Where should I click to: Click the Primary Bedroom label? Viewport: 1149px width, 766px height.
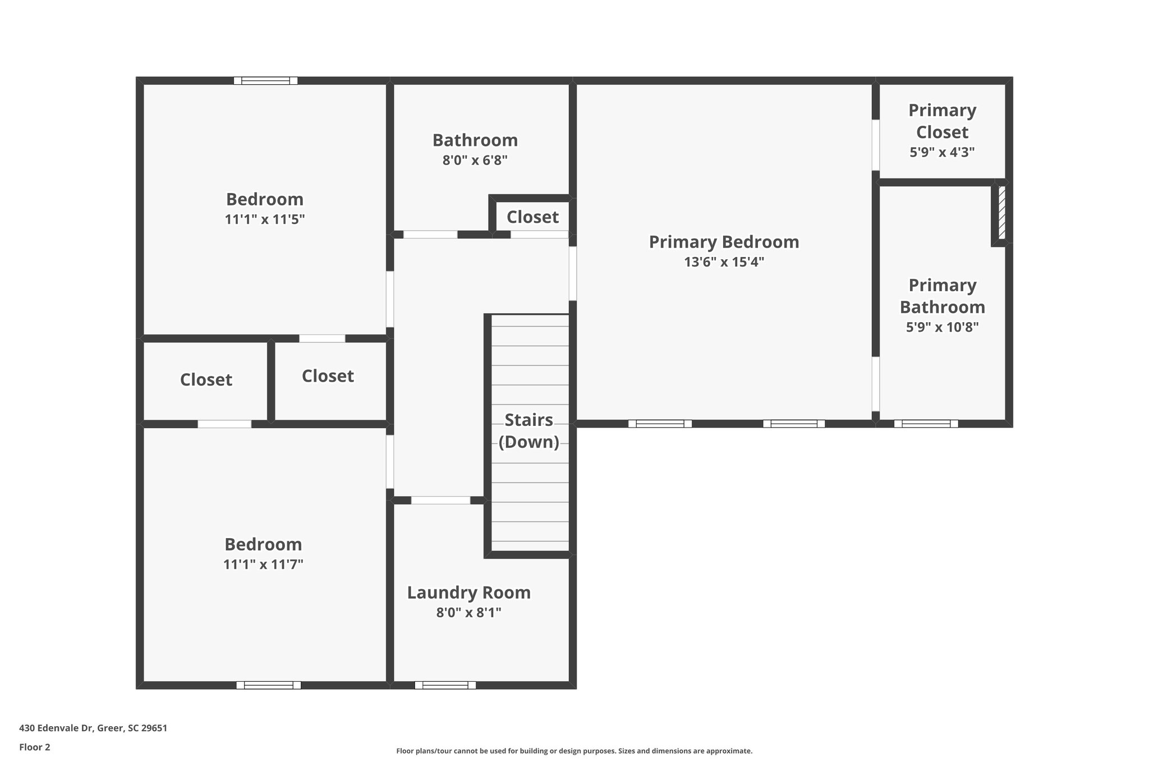pos(724,242)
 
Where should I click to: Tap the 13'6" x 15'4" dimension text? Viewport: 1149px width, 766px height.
pos(724,262)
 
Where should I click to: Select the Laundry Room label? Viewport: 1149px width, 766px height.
pos(468,593)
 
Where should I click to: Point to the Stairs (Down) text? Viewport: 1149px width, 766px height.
pos(528,431)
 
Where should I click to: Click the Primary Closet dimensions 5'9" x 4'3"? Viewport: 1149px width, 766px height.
pos(942,152)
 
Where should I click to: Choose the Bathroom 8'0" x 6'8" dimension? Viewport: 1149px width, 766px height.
pos(475,160)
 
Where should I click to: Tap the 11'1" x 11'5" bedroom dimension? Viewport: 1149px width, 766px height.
pos(264,219)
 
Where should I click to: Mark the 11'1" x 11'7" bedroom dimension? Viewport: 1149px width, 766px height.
pos(263,565)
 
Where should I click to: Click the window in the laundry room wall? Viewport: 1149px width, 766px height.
pos(445,685)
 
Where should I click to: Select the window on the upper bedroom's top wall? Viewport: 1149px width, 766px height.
pos(265,81)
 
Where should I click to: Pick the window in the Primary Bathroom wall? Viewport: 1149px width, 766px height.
pos(926,424)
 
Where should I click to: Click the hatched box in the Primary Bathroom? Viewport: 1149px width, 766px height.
pos(1001,213)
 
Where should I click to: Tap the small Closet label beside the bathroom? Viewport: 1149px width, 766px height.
pos(532,217)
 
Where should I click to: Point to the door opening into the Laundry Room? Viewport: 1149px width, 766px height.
pos(440,500)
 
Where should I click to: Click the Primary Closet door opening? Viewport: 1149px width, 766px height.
pos(875,145)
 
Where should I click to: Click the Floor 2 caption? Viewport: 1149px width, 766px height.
pos(35,747)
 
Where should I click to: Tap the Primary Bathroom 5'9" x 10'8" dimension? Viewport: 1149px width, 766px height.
pos(942,327)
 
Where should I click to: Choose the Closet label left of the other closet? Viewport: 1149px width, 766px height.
pos(206,380)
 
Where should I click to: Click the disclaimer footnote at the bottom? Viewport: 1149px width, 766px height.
pos(574,751)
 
